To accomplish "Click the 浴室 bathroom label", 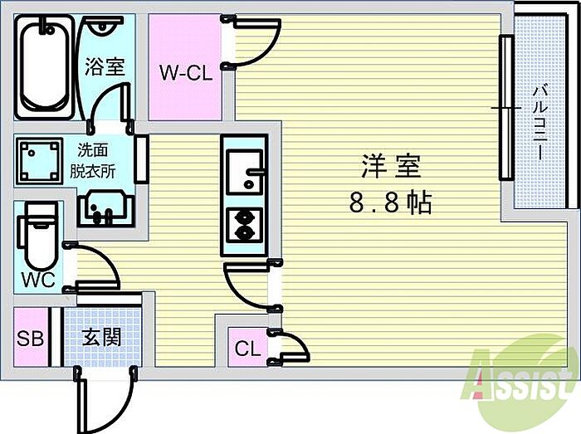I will point(104,66).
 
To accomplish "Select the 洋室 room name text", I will point(391,167).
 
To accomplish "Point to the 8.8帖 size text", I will point(390,203).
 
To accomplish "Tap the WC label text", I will point(38,280).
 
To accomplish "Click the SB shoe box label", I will point(31,338).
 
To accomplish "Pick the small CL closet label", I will point(247,349).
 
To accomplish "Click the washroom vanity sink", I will point(104,207).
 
